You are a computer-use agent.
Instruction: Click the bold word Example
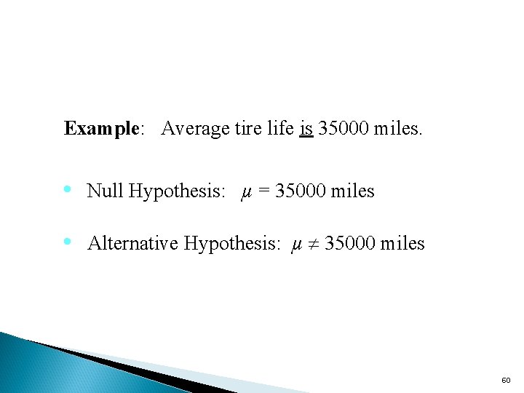coord(100,130)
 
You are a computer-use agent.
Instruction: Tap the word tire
coord(242,129)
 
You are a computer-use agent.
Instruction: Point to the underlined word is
coord(306,129)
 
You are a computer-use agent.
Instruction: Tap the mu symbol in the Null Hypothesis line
coord(246,192)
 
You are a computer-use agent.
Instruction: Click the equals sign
coord(263,192)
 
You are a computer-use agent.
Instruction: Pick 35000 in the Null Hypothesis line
coord(300,191)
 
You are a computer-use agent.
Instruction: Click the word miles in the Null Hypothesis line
coord(352,191)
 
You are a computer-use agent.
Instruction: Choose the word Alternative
coord(132,243)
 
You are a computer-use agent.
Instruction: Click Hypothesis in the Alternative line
coord(231,244)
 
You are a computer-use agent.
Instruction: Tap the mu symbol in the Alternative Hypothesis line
coord(295,244)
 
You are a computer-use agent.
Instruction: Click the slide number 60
coord(506,381)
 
